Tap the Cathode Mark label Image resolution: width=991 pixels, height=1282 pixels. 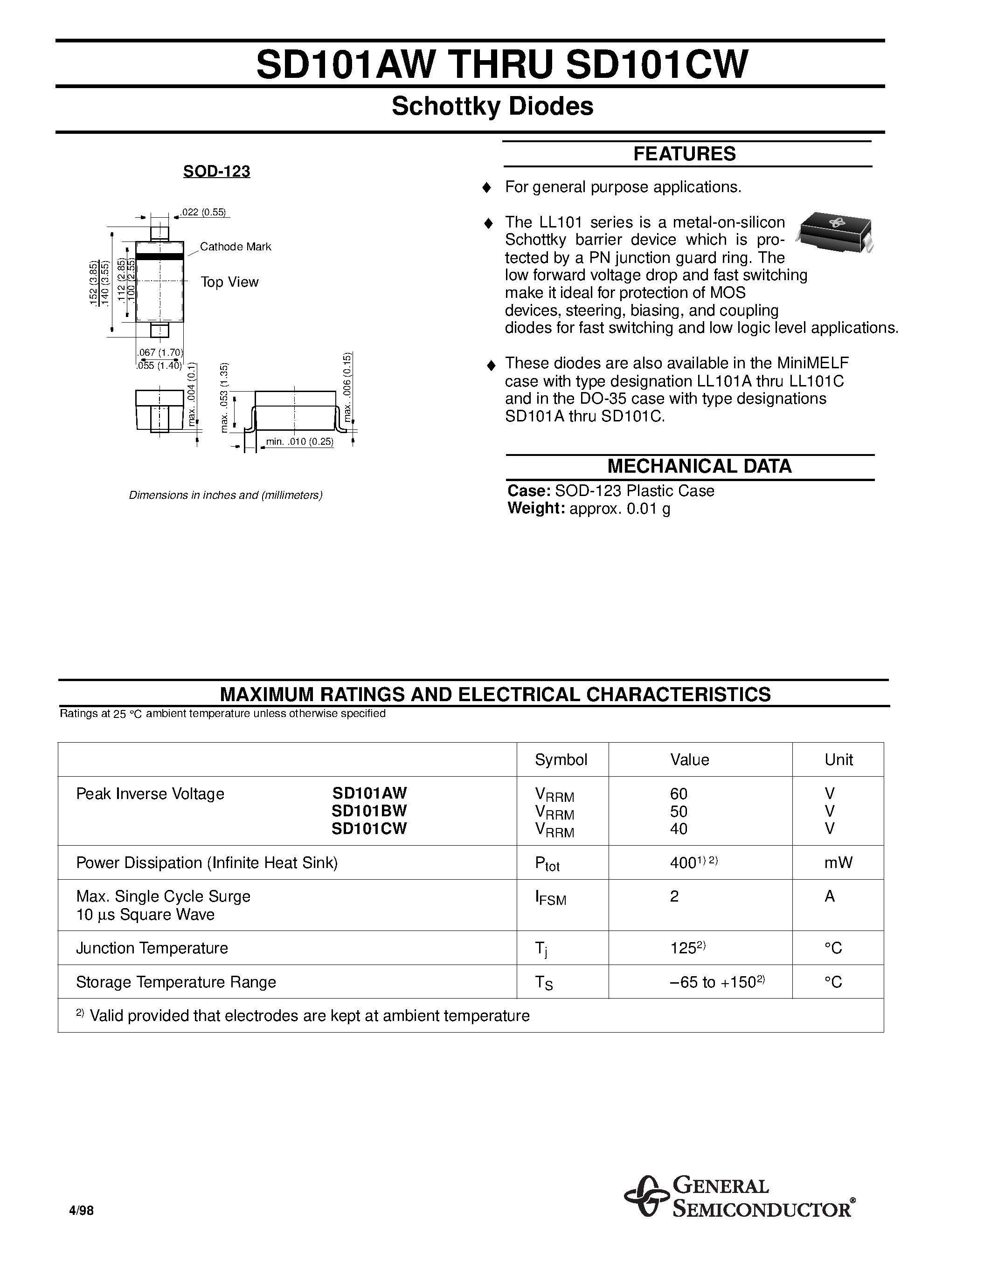(x=236, y=247)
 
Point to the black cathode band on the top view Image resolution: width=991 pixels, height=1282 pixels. (x=159, y=256)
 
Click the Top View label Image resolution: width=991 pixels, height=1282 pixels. (x=229, y=283)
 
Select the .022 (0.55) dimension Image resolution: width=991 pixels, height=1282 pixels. (x=204, y=213)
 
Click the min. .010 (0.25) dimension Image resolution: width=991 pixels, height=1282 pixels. (x=299, y=441)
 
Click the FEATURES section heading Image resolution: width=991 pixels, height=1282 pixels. (x=684, y=154)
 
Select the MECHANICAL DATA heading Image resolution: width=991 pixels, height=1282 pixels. (x=699, y=467)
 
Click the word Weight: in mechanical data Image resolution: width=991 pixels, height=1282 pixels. (x=535, y=508)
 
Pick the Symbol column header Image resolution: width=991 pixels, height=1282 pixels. (x=561, y=759)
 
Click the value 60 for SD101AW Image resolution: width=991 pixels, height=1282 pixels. (x=678, y=793)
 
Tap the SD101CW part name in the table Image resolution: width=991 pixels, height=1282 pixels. (x=369, y=828)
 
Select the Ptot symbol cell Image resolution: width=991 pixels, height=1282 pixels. (x=547, y=863)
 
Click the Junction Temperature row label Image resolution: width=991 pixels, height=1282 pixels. (x=152, y=948)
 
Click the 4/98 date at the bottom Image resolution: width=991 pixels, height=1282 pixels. (x=82, y=1211)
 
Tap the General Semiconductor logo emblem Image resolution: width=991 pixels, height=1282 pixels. (x=646, y=1196)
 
